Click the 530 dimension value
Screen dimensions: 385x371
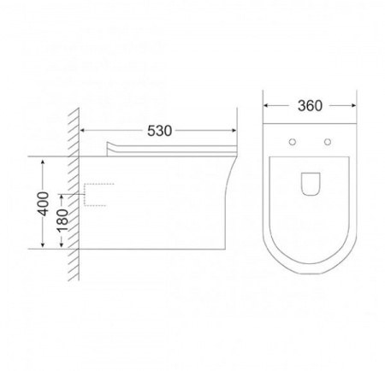pos(159,131)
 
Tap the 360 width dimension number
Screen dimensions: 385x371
pos(310,106)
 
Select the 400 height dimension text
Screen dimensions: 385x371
pos(43,203)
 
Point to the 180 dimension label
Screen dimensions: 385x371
pos(62,221)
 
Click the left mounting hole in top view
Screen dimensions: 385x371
pos(293,142)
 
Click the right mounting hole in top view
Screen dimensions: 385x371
pos(328,142)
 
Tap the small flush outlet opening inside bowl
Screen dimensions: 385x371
pos(311,184)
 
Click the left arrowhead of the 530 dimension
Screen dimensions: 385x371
pos(82,131)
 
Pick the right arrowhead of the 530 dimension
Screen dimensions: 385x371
pos(234,131)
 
